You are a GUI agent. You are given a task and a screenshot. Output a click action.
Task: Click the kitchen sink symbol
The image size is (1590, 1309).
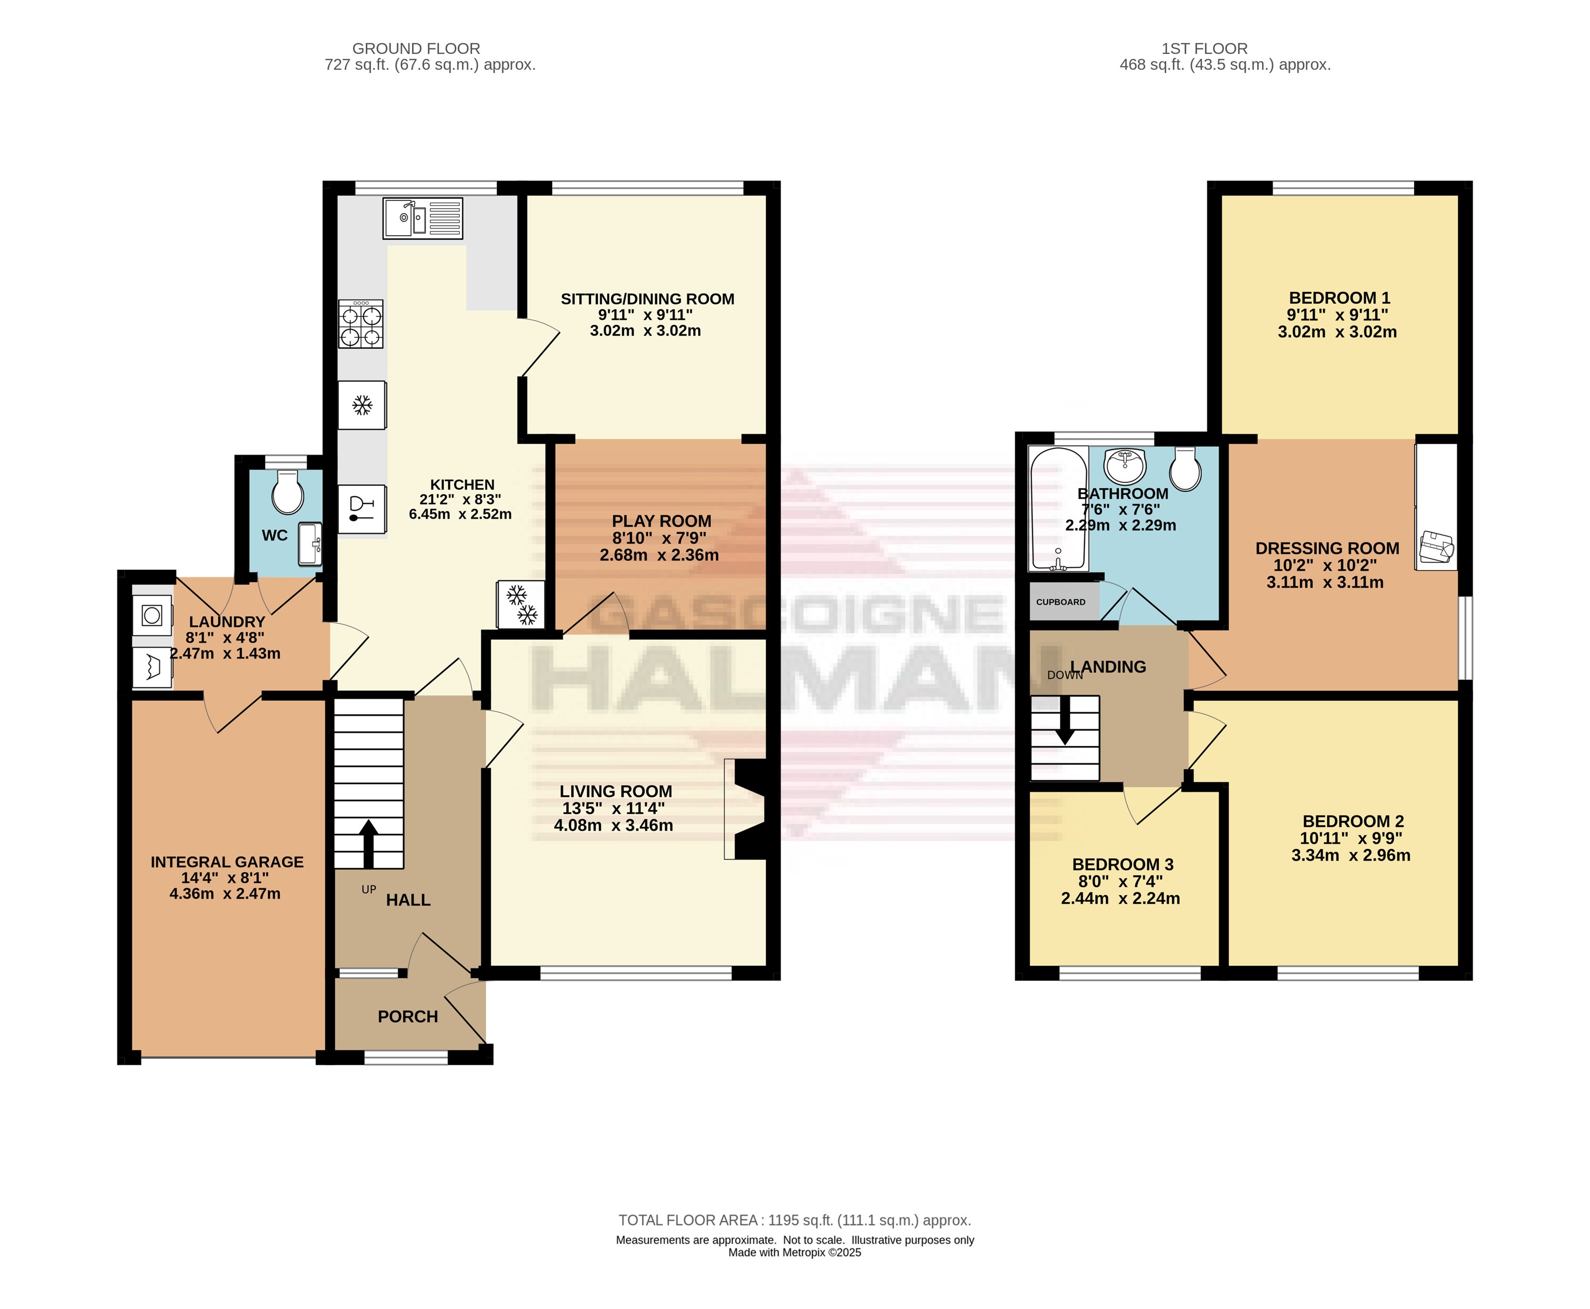coord(422,218)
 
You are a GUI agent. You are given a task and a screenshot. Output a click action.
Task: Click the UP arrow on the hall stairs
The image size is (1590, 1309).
coord(369,844)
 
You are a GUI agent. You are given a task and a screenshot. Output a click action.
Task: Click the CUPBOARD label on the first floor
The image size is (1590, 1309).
coord(1061,602)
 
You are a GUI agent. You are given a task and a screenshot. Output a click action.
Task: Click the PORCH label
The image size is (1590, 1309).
coord(408,1017)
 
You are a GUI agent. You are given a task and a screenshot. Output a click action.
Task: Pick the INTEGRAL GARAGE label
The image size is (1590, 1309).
coord(227,862)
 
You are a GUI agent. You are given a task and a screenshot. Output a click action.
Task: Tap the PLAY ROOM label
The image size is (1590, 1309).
coord(661,521)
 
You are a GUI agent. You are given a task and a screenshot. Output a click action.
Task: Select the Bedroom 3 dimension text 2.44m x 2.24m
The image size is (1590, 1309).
coord(1120,898)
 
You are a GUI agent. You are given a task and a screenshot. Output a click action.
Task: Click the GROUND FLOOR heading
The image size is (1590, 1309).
coord(416,48)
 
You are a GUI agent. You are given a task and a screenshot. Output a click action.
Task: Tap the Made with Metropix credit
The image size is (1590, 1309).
coord(795,1253)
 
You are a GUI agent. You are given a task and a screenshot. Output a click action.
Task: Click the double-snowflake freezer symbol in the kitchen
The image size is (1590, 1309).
coord(521,604)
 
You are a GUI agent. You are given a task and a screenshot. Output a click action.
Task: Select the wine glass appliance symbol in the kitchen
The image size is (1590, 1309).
coord(362,509)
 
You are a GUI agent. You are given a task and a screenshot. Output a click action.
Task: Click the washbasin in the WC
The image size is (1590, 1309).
coord(310,543)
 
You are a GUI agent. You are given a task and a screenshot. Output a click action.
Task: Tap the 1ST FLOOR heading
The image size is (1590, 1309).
coord(1204,48)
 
